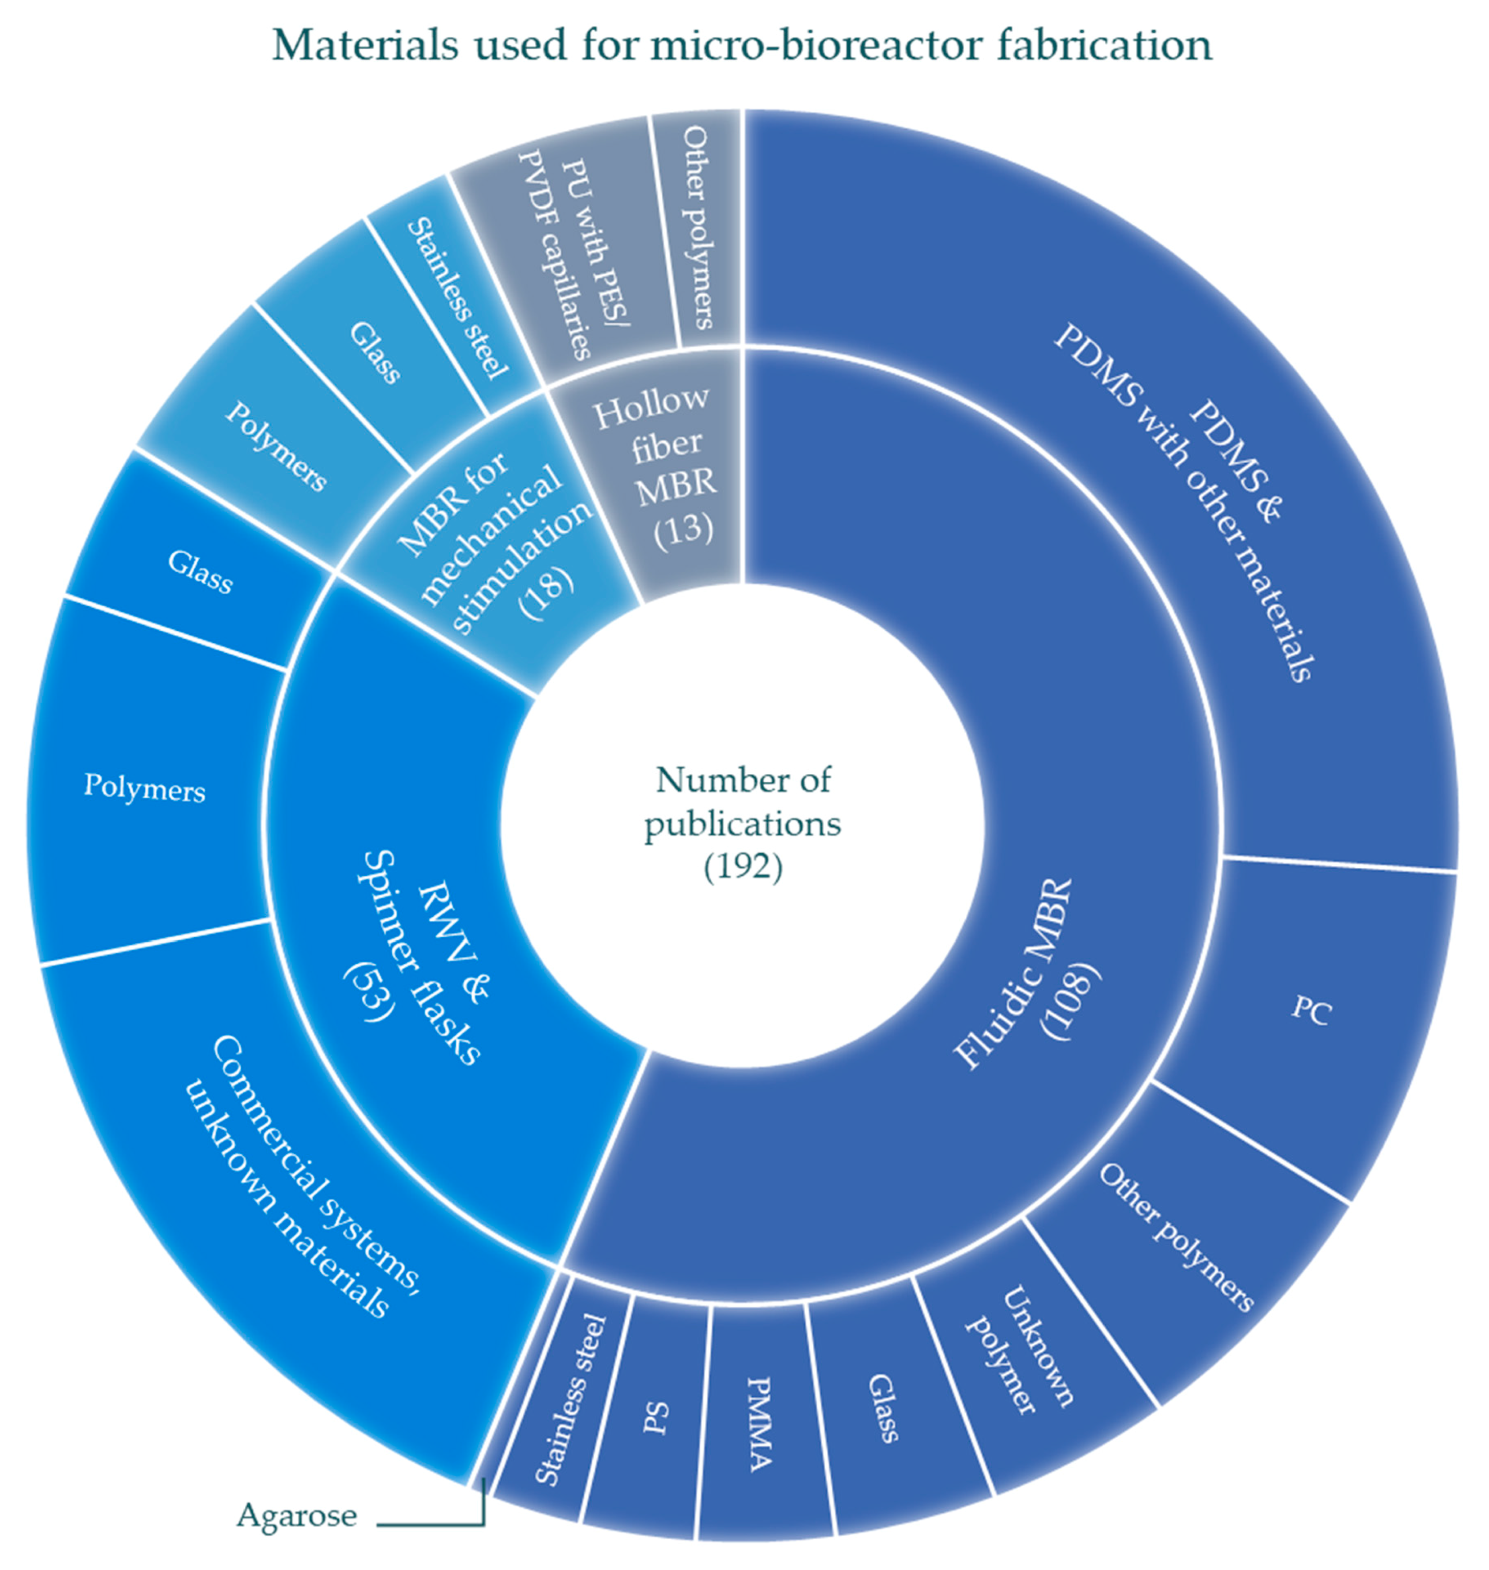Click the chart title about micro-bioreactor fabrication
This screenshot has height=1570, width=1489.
(x=742, y=46)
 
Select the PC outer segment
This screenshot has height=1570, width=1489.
(x=1310, y=1011)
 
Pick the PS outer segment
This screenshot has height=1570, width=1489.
(x=655, y=1420)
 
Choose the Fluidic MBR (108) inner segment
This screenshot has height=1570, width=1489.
(x=1024, y=976)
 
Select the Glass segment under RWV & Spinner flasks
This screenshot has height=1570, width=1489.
(x=198, y=571)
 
